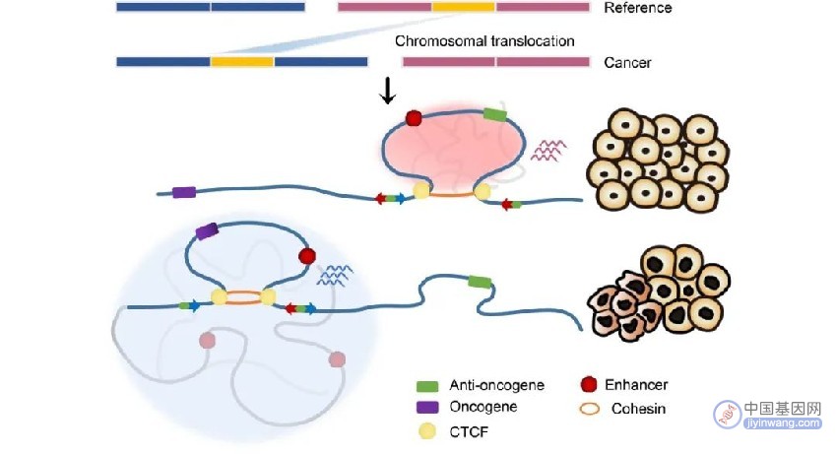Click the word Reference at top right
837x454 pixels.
tap(637, 8)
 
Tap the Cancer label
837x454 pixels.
tap(627, 62)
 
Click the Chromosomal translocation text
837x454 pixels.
tap(484, 41)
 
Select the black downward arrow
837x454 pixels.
tap(388, 91)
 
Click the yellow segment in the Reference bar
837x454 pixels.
tap(464, 7)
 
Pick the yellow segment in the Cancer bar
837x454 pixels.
tap(242, 62)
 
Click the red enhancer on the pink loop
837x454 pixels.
tap(414, 118)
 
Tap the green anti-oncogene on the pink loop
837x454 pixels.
tap(494, 114)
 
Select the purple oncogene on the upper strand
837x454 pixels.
tap(183, 192)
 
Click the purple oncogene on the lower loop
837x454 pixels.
tap(207, 231)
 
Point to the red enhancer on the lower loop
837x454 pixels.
tap(307, 256)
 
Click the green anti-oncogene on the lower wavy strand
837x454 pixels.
tap(480, 282)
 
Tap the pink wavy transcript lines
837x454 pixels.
tap(548, 150)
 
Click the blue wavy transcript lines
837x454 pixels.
tap(335, 275)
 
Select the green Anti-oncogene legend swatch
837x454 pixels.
tap(427, 386)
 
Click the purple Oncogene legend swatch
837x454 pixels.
tap(427, 407)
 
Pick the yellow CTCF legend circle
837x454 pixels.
tap(427, 431)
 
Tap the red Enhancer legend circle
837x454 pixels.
tap(588, 384)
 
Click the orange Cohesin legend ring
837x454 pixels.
tap(589, 409)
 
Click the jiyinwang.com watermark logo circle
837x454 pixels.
tap(728, 414)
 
